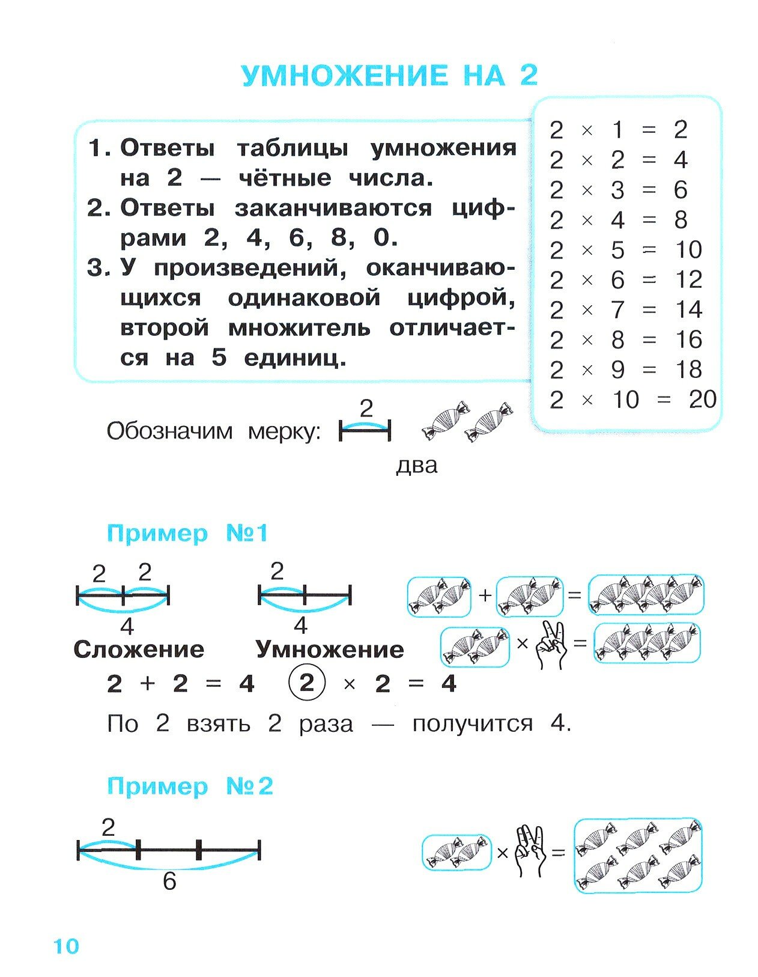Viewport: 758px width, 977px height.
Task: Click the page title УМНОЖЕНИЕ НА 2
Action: pyautogui.click(x=389, y=76)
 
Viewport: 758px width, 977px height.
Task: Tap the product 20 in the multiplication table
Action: pyautogui.click(x=702, y=400)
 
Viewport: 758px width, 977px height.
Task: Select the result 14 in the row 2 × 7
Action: pyautogui.click(x=688, y=309)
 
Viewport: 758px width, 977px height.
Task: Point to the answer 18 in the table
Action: pyautogui.click(x=688, y=370)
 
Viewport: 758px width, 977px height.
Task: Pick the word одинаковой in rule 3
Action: pyautogui.click(x=304, y=299)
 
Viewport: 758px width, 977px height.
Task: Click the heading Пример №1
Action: pyautogui.click(x=187, y=533)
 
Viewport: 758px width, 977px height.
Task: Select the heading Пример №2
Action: pyautogui.click(x=190, y=786)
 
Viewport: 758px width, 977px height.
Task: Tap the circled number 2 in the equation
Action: pyautogui.click(x=306, y=683)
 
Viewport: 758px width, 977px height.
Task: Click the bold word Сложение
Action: pyautogui.click(x=139, y=650)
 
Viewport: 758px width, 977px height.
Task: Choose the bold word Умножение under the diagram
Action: pyautogui.click(x=330, y=650)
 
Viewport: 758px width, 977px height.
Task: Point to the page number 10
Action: pyautogui.click(x=66, y=946)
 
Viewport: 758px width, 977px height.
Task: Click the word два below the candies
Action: pyautogui.click(x=417, y=466)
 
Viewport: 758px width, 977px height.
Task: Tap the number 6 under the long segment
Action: pyautogui.click(x=169, y=881)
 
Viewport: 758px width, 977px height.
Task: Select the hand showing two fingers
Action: pyautogui.click(x=552, y=645)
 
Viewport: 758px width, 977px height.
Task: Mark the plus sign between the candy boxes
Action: pyautogui.click(x=485, y=595)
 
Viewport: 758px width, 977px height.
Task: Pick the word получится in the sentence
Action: pyautogui.click(x=472, y=723)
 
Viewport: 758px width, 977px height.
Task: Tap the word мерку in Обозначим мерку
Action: pyautogui.click(x=285, y=431)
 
